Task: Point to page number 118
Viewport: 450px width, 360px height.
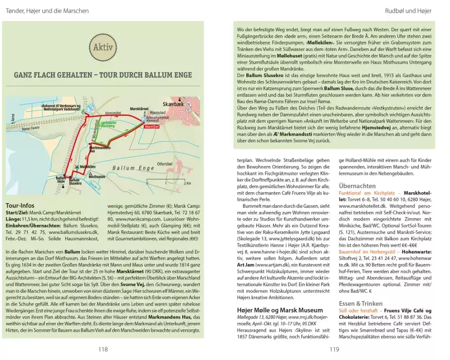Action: click(x=103, y=349)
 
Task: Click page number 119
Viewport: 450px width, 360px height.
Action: click(x=334, y=349)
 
